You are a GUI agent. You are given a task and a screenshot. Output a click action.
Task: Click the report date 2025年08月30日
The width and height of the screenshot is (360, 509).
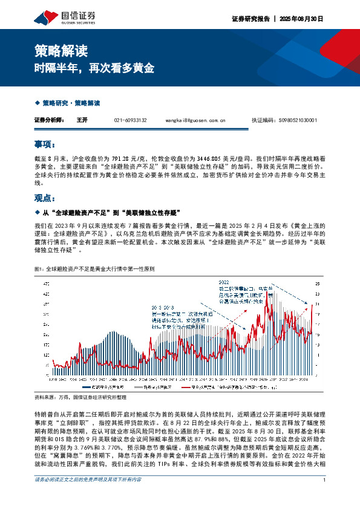(303, 19)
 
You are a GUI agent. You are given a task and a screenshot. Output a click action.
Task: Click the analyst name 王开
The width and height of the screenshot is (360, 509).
(82, 120)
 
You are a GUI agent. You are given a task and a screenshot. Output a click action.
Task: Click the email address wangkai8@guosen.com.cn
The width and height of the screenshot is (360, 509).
(198, 120)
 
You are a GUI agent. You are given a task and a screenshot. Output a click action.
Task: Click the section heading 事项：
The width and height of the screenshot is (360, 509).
(45, 145)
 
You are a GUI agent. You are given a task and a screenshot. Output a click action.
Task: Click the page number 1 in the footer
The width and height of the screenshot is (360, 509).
(325, 497)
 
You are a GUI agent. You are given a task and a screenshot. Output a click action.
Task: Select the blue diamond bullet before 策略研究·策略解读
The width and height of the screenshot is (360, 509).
(38, 103)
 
